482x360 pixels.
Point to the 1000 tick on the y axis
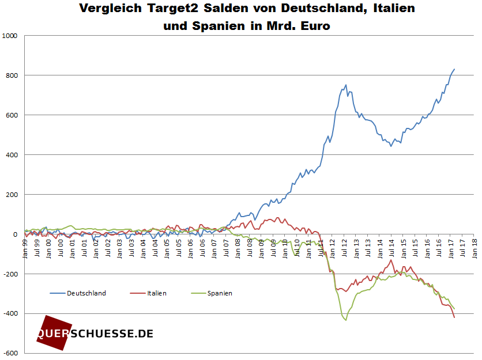click(12, 36)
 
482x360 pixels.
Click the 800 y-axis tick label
click(13, 75)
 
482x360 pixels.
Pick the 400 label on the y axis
click(13, 155)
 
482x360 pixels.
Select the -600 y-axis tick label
click(12, 353)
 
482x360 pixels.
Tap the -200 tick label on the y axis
click(12, 274)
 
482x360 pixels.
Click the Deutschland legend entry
click(86, 293)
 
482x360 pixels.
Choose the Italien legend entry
click(157, 293)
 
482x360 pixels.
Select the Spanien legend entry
click(220, 293)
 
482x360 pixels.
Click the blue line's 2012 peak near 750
click(346, 85)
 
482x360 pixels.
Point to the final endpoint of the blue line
click(454, 69)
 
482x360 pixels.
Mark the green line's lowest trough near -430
click(346, 320)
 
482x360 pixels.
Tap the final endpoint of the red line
click(454, 317)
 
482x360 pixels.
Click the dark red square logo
click(53, 333)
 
